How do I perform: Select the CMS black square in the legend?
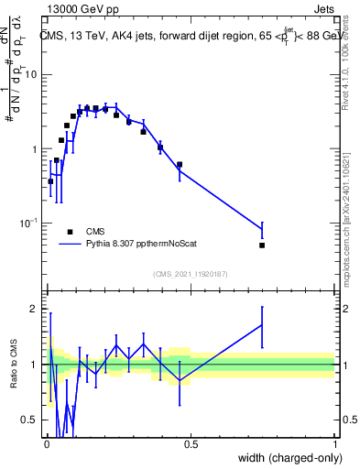(x=70, y=232)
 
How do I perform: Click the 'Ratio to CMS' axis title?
(x=14, y=364)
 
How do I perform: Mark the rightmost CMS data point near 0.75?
(x=262, y=245)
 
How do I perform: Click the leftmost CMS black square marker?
(x=50, y=181)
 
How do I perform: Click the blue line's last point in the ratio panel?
(x=262, y=324)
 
